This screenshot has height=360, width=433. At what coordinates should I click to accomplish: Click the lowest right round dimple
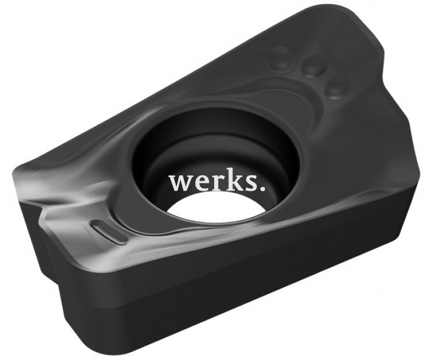(336, 88)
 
